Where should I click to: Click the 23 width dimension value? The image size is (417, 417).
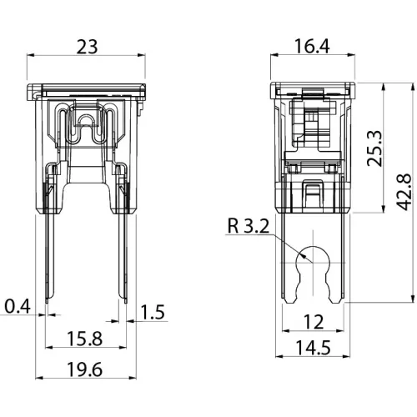(87, 47)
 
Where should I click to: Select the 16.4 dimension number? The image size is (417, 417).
(312, 46)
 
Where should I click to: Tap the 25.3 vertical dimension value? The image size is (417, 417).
(374, 148)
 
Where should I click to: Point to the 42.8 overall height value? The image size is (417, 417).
(404, 192)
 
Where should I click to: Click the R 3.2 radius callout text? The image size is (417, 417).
(249, 226)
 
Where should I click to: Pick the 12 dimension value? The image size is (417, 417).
(314, 322)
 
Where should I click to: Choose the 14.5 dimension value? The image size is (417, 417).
(313, 348)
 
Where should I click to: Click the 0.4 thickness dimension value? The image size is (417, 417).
(18, 307)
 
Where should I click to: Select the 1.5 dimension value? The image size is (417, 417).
(153, 312)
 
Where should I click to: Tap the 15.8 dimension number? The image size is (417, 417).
(85, 339)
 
